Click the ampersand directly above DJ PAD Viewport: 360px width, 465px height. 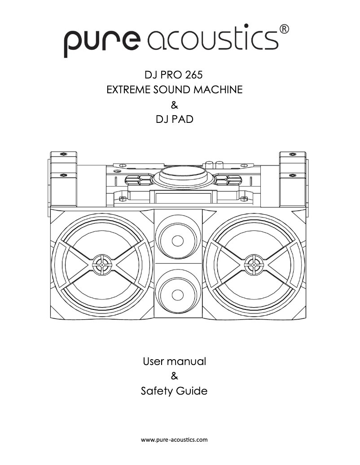click(175, 105)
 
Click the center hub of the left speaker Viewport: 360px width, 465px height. click(103, 265)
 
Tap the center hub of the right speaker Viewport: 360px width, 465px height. click(254, 265)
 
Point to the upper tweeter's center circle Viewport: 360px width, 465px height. click(178, 240)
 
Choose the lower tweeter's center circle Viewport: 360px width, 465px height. click(178, 295)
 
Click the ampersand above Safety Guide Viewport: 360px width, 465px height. click(175, 376)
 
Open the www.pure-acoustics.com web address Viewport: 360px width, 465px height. click(175, 440)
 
